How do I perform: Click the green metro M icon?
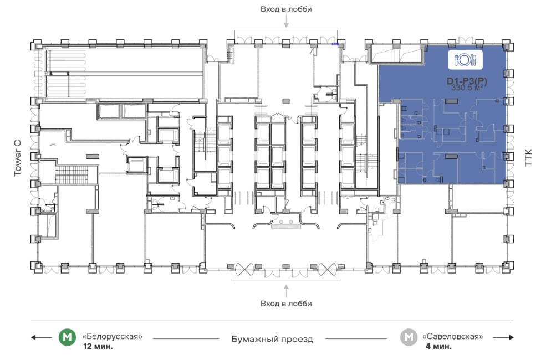pyautogui.click(x=67, y=337)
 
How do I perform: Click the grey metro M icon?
pyautogui.click(x=409, y=337)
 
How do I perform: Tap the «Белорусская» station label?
pyautogui.click(x=112, y=336)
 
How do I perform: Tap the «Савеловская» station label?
pyautogui.click(x=453, y=336)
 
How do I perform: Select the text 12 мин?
pyautogui.click(x=98, y=347)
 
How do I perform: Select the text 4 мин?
pyautogui.click(x=438, y=347)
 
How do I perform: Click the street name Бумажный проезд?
pyautogui.click(x=272, y=339)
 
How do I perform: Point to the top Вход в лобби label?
pyautogui.click(x=286, y=9)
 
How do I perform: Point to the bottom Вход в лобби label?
pyautogui.click(x=286, y=304)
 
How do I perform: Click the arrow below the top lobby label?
pyautogui.click(x=286, y=22)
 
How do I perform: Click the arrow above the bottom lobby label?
pyautogui.click(x=286, y=290)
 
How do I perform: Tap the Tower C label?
pyautogui.click(x=18, y=158)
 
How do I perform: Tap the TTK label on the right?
pyautogui.click(x=528, y=158)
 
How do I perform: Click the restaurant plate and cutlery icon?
pyautogui.click(x=465, y=60)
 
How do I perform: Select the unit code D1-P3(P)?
pyautogui.click(x=467, y=81)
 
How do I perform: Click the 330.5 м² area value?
pyautogui.click(x=467, y=88)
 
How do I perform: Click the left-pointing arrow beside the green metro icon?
pyautogui.click(x=42, y=337)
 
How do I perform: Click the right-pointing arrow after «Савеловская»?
pyautogui.click(x=503, y=337)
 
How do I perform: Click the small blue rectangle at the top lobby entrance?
pyautogui.click(x=335, y=44)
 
